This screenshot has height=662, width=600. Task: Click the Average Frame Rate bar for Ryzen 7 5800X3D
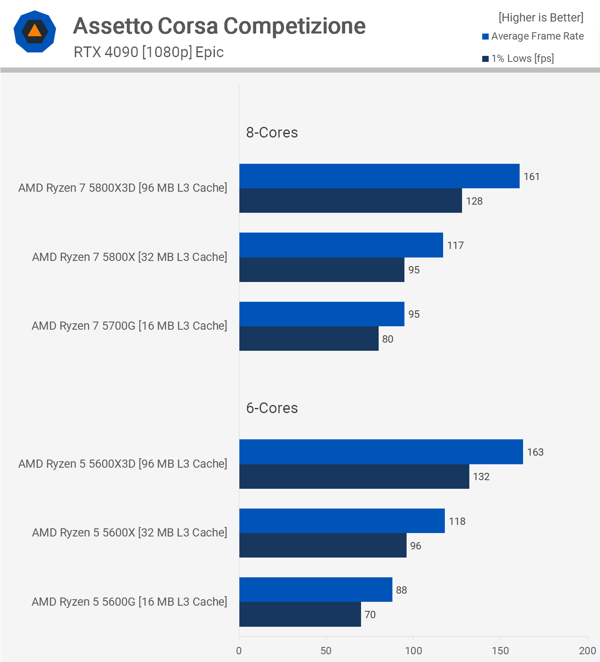click(379, 176)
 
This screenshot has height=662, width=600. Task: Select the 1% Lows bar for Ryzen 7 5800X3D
click(350, 201)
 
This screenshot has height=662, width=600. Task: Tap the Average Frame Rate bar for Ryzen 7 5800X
click(341, 245)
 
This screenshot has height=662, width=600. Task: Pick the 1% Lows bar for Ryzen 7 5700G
click(309, 339)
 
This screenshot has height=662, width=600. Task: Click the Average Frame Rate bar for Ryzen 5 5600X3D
click(381, 452)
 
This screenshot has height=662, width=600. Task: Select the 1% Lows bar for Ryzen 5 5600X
click(323, 546)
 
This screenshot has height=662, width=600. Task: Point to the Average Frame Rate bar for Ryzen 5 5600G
click(315, 590)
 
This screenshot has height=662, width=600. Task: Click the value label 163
click(535, 452)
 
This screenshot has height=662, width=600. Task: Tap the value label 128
click(474, 201)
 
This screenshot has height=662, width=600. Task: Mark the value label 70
click(370, 615)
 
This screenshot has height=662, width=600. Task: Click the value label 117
click(455, 245)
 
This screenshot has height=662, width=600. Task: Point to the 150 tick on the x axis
click(500, 651)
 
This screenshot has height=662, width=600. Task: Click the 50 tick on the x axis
click(326, 651)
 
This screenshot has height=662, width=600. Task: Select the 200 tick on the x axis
click(587, 651)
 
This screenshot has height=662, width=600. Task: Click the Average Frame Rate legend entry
click(533, 37)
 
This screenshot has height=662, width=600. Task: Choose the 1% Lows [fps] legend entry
click(518, 58)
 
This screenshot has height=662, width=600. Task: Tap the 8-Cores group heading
click(272, 132)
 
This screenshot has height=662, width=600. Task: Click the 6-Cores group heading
click(272, 408)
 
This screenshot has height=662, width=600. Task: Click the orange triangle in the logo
click(35, 31)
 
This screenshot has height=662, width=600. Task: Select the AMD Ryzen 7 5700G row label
click(129, 326)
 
